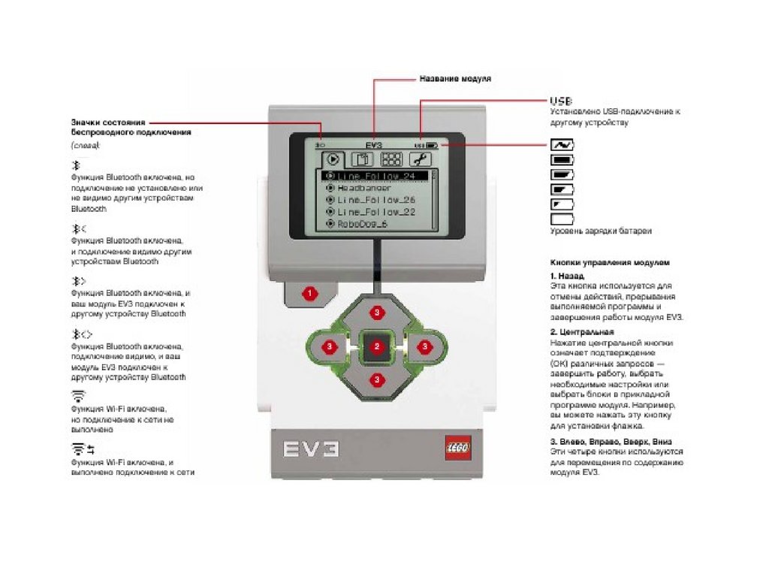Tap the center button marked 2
(x=377, y=346)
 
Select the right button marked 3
(x=424, y=346)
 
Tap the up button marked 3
(x=377, y=310)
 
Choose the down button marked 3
(x=377, y=379)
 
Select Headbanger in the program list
(x=363, y=188)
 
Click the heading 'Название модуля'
(x=455, y=78)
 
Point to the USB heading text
(x=561, y=101)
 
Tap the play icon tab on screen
(x=333, y=159)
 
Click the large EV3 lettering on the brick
(x=311, y=449)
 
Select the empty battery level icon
(x=562, y=219)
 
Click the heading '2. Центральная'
(x=582, y=332)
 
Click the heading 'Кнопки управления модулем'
(x=609, y=263)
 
